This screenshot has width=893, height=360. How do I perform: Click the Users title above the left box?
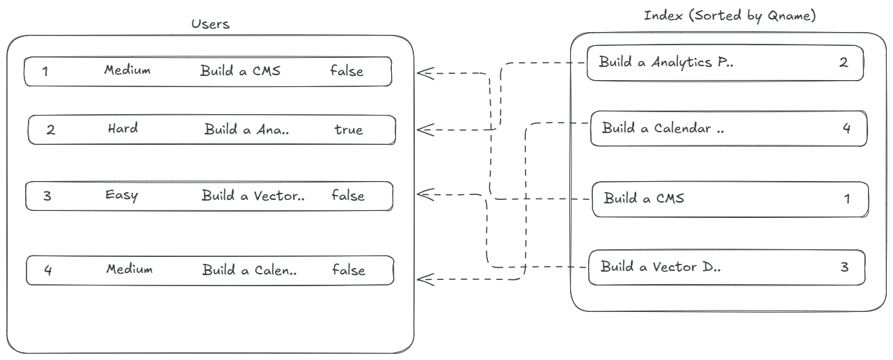210,24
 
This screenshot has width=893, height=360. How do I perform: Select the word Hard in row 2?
123,129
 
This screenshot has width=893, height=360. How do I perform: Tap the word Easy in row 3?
122,195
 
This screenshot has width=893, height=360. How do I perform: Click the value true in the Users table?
348,130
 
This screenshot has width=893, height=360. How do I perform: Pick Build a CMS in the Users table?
240,70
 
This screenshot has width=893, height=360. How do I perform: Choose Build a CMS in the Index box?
644,198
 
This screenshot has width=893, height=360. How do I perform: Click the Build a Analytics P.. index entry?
666,63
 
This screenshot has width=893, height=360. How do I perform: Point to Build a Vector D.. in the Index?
661,267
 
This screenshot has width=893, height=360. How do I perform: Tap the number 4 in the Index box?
846,129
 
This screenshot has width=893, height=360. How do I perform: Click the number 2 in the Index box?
844,63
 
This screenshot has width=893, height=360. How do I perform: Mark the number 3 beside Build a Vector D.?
844,267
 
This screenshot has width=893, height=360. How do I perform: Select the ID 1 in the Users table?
45,71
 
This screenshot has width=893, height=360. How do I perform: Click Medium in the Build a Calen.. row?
129,269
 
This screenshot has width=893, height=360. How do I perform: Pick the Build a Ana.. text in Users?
246,130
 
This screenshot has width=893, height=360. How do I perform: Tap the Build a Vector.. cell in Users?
253,196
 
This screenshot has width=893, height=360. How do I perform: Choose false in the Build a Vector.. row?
348,196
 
